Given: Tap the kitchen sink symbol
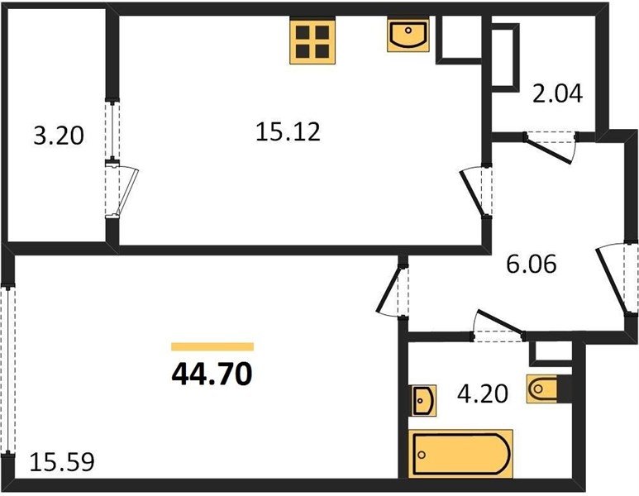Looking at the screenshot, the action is [x=408, y=34].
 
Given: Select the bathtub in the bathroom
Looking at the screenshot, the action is [x=460, y=454].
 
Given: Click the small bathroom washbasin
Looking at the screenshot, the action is [x=424, y=400].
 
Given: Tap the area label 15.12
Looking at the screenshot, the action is [x=289, y=132].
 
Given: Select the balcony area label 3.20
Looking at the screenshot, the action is [x=59, y=136].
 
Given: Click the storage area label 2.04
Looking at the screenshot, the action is [x=558, y=93].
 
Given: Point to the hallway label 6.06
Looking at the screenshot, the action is [x=531, y=264].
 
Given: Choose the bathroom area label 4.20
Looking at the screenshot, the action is [x=483, y=393].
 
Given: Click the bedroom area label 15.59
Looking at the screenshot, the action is [x=62, y=462].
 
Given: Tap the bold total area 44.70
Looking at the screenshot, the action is [x=212, y=374].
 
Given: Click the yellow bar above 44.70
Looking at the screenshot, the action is [x=212, y=347].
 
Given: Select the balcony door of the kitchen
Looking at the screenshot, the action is [x=122, y=188].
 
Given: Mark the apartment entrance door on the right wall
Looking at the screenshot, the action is [x=615, y=279].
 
